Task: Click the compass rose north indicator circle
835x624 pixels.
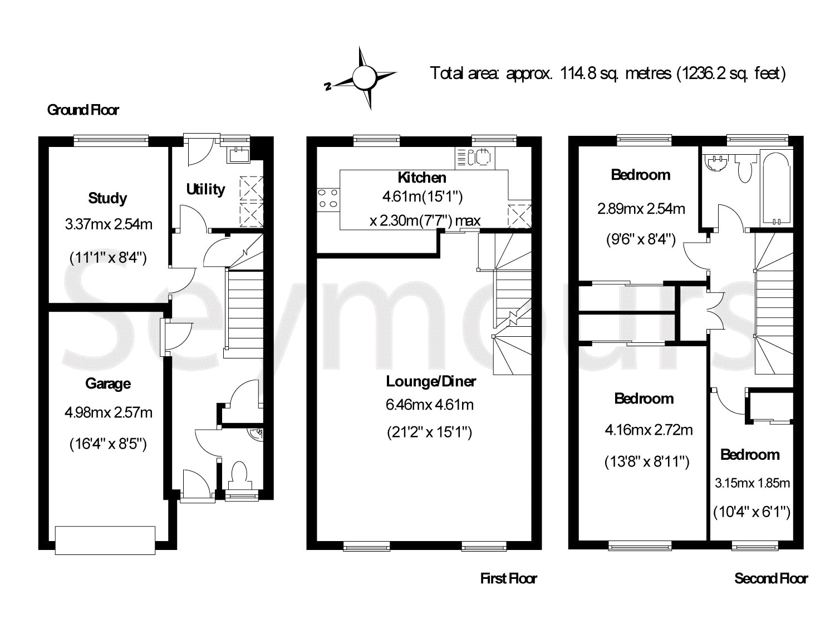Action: tap(364, 77)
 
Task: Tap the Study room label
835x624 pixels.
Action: tap(107, 198)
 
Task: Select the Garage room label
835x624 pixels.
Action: tap(108, 384)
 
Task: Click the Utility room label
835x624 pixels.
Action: tap(205, 189)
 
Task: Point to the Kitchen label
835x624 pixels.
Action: tap(422, 177)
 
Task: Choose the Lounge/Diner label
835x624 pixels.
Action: tap(431, 381)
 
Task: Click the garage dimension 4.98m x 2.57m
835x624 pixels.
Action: tap(109, 412)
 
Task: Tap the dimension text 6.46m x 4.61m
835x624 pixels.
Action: tap(430, 405)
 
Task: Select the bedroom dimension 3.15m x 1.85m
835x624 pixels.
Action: tap(752, 483)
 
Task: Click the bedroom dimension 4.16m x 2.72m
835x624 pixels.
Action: tap(649, 430)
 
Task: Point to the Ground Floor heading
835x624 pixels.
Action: tap(83, 110)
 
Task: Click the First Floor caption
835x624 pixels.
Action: tap(509, 578)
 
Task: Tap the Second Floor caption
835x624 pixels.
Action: tap(771, 578)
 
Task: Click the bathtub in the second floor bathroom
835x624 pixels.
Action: tap(777, 188)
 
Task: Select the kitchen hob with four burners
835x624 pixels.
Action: tap(328, 199)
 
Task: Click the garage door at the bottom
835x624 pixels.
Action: tap(105, 541)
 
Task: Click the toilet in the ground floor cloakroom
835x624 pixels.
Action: tap(240, 475)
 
